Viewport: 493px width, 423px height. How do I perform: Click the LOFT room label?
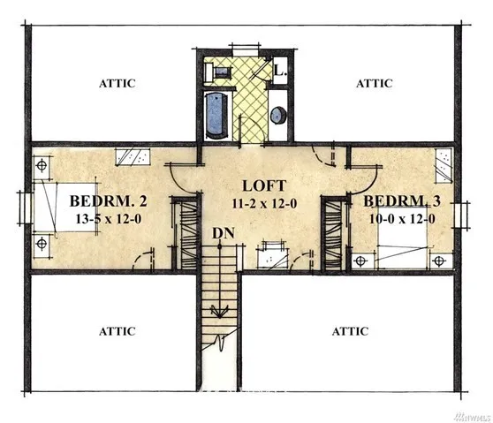pos(264,185)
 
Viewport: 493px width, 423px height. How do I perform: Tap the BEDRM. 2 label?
pos(108,201)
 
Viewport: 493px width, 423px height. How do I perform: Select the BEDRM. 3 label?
pos(402,201)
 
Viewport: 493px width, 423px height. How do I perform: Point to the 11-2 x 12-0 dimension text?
pos(264,204)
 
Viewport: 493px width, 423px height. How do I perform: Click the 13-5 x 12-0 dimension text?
pos(109,219)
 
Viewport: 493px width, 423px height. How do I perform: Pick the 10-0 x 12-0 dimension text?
pos(402,219)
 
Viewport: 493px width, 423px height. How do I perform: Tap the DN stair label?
pos(224,233)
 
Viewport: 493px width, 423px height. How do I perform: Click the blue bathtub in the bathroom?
pos(216,116)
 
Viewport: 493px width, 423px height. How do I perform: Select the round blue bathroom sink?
pos(278,115)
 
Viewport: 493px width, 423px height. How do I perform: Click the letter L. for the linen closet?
pos(280,71)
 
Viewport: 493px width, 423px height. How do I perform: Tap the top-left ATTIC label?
pos(118,83)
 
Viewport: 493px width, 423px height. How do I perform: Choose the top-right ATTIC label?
pos(374,83)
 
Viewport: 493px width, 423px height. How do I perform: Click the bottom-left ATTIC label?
pos(118,331)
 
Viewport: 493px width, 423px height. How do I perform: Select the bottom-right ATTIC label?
pos(350,331)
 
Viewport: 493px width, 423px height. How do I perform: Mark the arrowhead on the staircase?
pos(219,312)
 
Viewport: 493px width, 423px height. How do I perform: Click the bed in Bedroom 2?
pos(65,208)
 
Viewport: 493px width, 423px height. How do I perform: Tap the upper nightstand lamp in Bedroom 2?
pos(42,165)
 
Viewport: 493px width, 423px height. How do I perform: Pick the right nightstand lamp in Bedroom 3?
pos(439,261)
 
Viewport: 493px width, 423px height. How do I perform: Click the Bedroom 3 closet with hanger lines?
pos(334,235)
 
